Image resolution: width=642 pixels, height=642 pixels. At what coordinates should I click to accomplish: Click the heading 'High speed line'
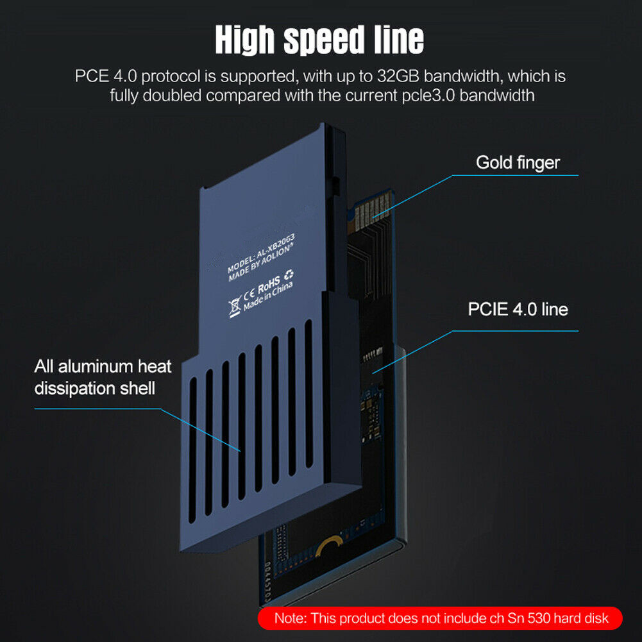pos(319,39)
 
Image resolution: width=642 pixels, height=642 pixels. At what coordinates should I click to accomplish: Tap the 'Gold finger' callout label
pos(518,162)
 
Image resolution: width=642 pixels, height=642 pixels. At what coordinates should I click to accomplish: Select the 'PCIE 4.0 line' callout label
pos(518,309)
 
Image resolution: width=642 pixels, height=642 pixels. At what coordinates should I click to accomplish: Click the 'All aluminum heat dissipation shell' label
pos(103,377)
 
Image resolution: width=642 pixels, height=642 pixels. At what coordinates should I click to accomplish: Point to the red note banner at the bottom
pos(440,618)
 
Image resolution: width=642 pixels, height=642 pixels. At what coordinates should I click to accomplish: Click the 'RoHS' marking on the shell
pos(269,285)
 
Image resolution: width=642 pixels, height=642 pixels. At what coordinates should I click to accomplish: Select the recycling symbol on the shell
pos(289,275)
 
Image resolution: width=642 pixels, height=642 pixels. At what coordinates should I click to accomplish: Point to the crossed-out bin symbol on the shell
pos(235,308)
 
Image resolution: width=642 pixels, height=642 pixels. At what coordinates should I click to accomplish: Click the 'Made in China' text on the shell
pos(268,296)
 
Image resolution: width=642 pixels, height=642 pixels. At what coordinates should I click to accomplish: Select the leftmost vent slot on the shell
pos(193,450)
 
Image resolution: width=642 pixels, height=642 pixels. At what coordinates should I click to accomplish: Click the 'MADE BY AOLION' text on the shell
pos(261,263)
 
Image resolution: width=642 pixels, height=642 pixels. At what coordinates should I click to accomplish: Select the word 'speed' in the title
pos(324,40)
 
